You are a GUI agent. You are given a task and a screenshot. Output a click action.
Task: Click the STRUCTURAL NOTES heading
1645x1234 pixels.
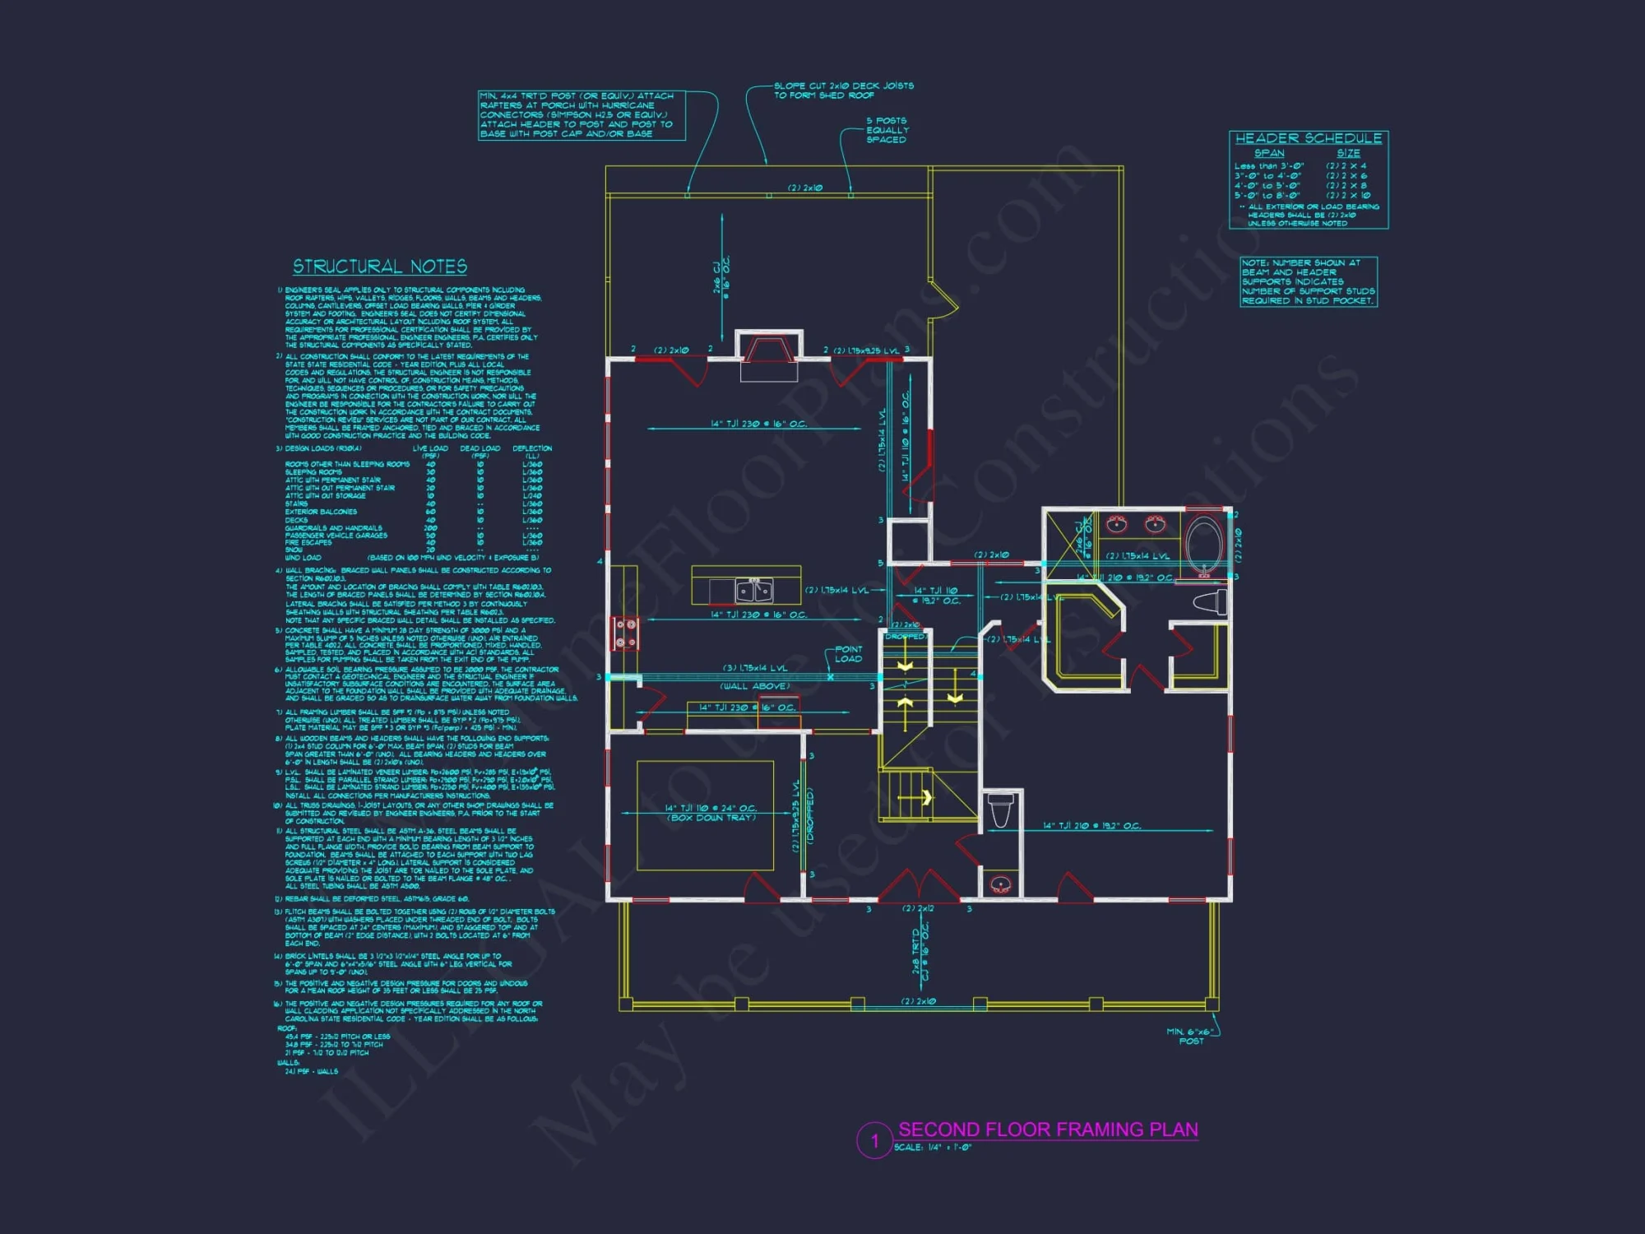pyautogui.click(x=380, y=267)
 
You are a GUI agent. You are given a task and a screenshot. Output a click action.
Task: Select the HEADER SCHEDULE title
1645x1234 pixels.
pyautogui.click(x=1308, y=138)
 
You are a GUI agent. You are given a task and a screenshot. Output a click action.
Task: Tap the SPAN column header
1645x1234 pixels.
pyautogui.click(x=1269, y=153)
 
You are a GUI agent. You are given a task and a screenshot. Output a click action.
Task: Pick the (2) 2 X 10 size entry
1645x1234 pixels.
pyautogui.click(x=1348, y=196)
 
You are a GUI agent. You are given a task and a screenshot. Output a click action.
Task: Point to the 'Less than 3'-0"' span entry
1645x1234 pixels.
pyautogui.click(x=1268, y=166)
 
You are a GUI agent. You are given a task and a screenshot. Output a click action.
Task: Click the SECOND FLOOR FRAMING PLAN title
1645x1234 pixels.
pyautogui.click(x=1048, y=1130)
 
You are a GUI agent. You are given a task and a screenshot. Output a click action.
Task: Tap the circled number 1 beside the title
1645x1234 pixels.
pyautogui.click(x=874, y=1141)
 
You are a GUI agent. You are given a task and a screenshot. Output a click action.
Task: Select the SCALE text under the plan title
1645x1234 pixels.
pyautogui.click(x=933, y=1148)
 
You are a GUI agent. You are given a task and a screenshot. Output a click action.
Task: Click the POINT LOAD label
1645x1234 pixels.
pyautogui.click(x=848, y=654)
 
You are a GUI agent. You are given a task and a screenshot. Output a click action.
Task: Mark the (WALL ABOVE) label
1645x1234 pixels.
pyautogui.click(x=754, y=686)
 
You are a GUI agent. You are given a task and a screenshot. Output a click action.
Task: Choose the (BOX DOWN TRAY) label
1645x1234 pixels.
pyautogui.click(x=711, y=818)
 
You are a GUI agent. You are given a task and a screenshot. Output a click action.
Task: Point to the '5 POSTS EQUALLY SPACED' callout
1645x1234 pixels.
pyautogui.click(x=887, y=130)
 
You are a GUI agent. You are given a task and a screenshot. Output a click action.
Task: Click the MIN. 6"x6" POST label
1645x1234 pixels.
pyautogui.click(x=1190, y=1037)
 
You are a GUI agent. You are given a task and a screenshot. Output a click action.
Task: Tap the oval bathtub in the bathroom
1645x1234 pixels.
pyautogui.click(x=1204, y=542)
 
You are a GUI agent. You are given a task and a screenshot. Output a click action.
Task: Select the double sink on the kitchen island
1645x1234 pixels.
pyautogui.click(x=753, y=589)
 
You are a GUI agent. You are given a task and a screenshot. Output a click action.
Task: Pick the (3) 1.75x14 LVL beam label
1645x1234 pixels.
pyautogui.click(x=754, y=668)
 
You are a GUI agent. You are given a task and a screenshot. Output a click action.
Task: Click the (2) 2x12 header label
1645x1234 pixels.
pyautogui.click(x=918, y=909)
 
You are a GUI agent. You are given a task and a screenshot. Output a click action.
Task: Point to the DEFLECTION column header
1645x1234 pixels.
pyautogui.click(x=532, y=448)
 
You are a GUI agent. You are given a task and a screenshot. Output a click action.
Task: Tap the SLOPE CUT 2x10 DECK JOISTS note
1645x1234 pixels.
pyautogui.click(x=843, y=90)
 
